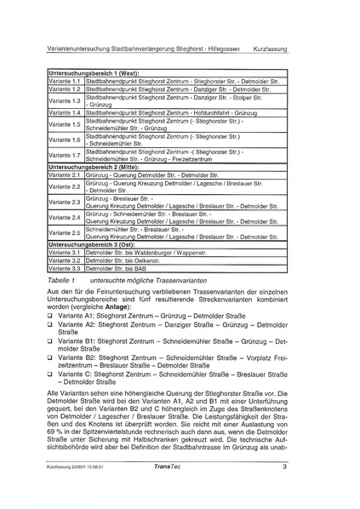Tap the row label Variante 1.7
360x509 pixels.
click(x=65, y=156)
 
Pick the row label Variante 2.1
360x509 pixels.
click(x=65, y=174)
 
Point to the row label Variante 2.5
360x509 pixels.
click(x=65, y=232)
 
